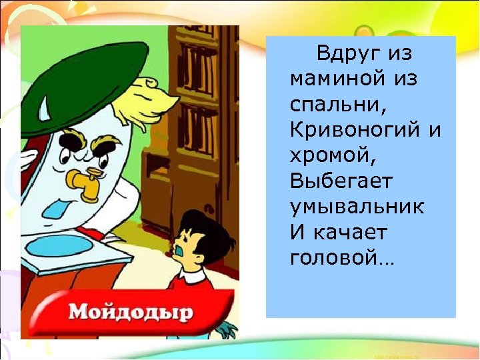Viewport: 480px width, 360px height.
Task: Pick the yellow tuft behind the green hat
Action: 153,100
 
